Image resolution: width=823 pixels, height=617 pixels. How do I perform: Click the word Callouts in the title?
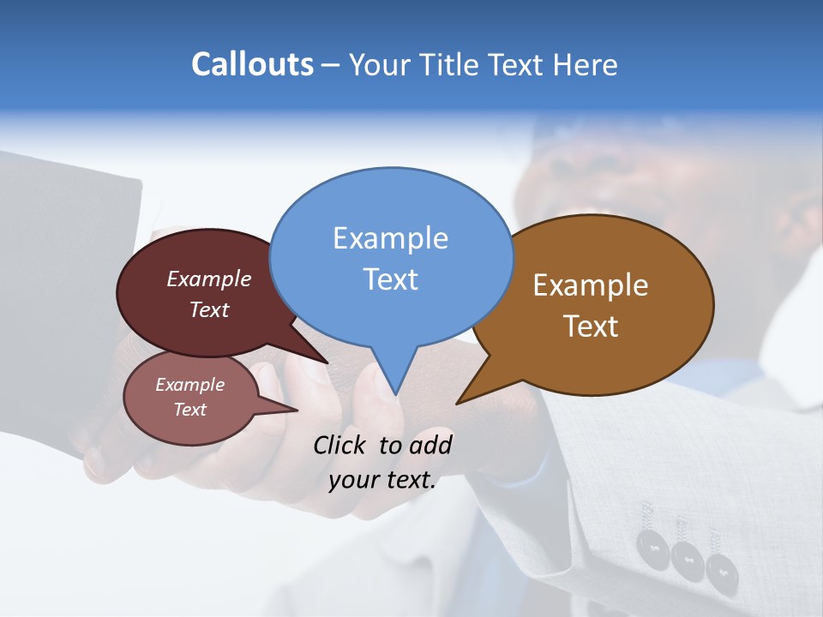[252, 64]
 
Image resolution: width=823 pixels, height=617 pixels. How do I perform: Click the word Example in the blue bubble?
[390, 238]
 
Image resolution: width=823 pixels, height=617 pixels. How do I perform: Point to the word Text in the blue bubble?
[390, 279]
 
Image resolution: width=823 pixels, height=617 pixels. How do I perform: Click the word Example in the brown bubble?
[591, 285]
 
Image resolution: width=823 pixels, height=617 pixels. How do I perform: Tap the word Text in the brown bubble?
[591, 326]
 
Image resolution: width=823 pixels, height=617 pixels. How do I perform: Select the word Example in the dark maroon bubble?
[209, 279]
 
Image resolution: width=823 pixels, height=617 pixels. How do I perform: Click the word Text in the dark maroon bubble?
[209, 309]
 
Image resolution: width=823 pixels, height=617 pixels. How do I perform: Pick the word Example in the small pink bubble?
[189, 385]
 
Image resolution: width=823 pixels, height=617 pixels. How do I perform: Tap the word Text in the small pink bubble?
[189, 410]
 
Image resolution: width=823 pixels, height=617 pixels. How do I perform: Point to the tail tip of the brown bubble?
[457, 403]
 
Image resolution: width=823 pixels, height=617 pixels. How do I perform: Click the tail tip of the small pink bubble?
[297, 410]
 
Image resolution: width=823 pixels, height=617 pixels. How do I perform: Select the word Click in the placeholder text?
[341, 445]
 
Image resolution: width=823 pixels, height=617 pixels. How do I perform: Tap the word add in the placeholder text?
[430, 445]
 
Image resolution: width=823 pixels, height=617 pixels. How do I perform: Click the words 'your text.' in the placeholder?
[382, 480]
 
